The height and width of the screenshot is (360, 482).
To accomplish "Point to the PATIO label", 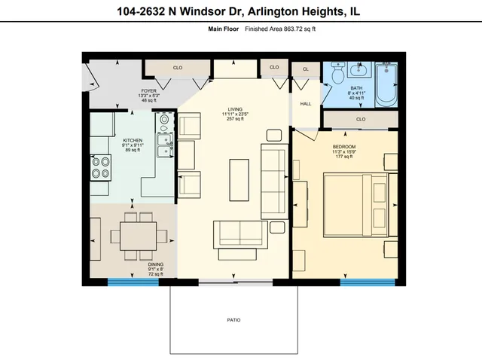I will click(x=233, y=321).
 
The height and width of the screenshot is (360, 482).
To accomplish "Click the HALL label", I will click(x=306, y=104).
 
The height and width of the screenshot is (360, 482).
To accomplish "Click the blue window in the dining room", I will click(x=128, y=282).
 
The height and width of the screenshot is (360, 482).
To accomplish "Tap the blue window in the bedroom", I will click(x=367, y=282).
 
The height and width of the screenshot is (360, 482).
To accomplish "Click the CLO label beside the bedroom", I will click(x=360, y=119).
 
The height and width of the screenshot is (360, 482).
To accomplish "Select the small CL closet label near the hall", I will click(x=306, y=69).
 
